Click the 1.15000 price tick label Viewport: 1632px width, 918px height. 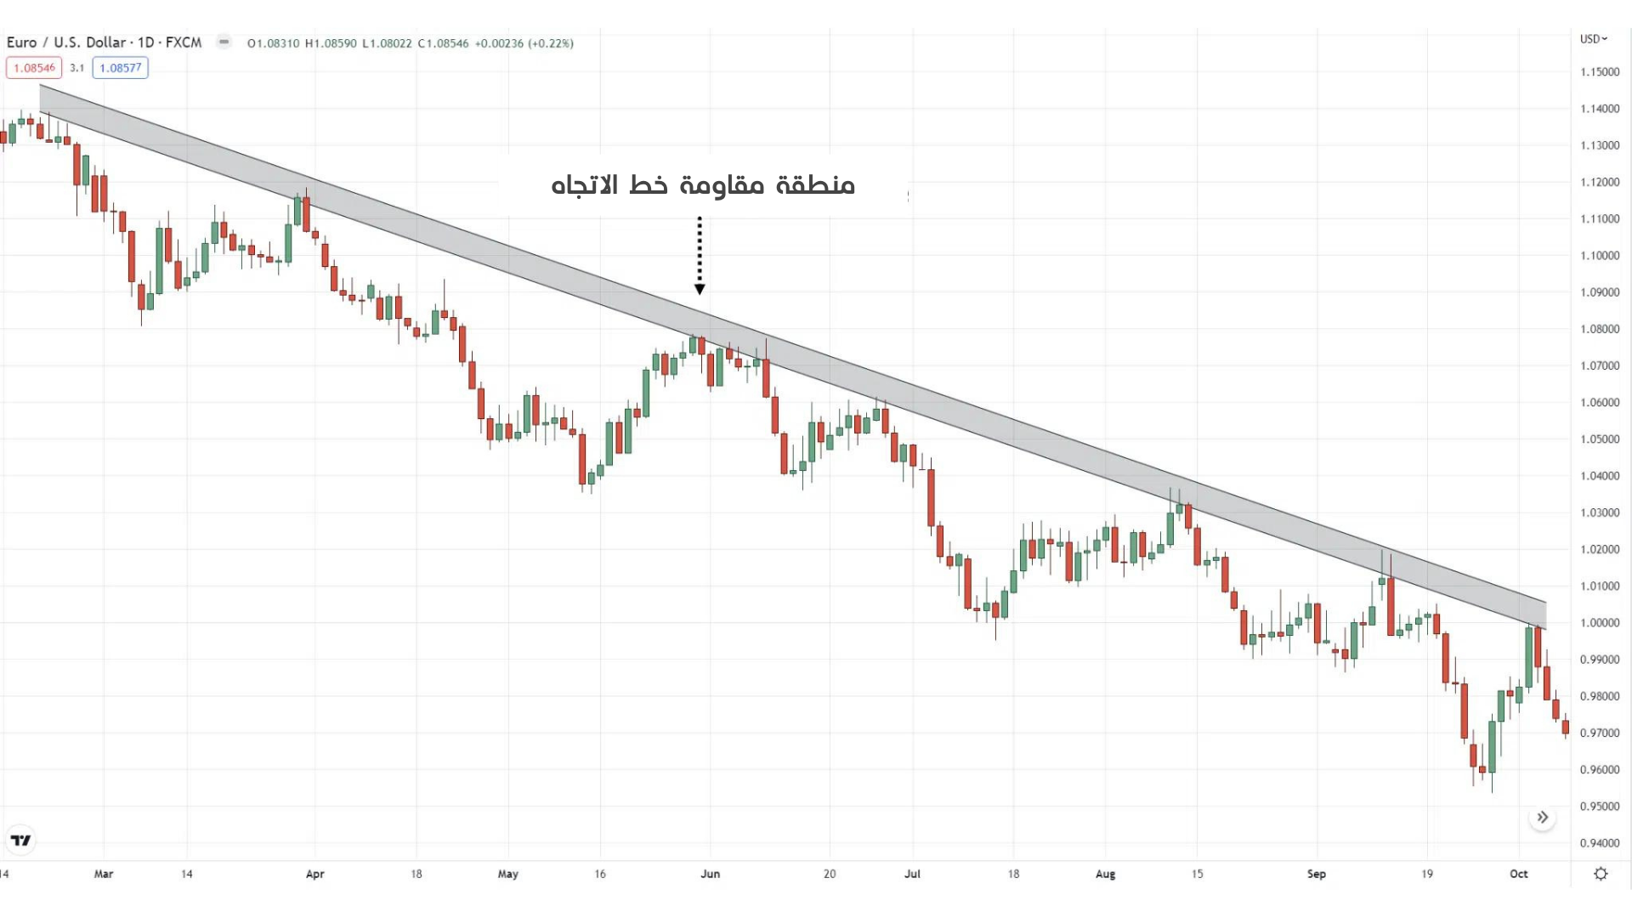[x=1600, y=72]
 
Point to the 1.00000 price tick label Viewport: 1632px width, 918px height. [x=1600, y=623]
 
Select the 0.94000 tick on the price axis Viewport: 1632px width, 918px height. [x=1600, y=843]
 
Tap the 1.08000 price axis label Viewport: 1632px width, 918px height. [x=1600, y=329]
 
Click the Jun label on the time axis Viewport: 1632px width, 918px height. [x=710, y=874]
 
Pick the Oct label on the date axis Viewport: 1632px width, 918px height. [x=1518, y=874]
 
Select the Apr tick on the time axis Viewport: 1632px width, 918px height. [x=314, y=874]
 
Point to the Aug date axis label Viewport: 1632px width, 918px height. [x=1105, y=874]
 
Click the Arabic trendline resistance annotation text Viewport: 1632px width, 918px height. [x=703, y=185]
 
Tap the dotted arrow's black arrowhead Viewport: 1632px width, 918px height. [x=700, y=290]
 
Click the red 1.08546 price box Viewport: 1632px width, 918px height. [x=34, y=68]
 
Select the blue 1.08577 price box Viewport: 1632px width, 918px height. [x=120, y=68]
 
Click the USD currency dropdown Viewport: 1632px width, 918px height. [x=1593, y=39]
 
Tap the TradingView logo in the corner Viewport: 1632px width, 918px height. [x=20, y=841]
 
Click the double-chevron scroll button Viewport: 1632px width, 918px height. [x=1542, y=818]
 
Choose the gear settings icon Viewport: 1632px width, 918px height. [x=1601, y=874]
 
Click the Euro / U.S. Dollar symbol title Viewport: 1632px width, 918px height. [x=104, y=42]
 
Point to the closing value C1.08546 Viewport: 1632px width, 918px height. [x=443, y=43]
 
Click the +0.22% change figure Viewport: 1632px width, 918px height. [x=551, y=43]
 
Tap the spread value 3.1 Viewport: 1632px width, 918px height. [x=76, y=68]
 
